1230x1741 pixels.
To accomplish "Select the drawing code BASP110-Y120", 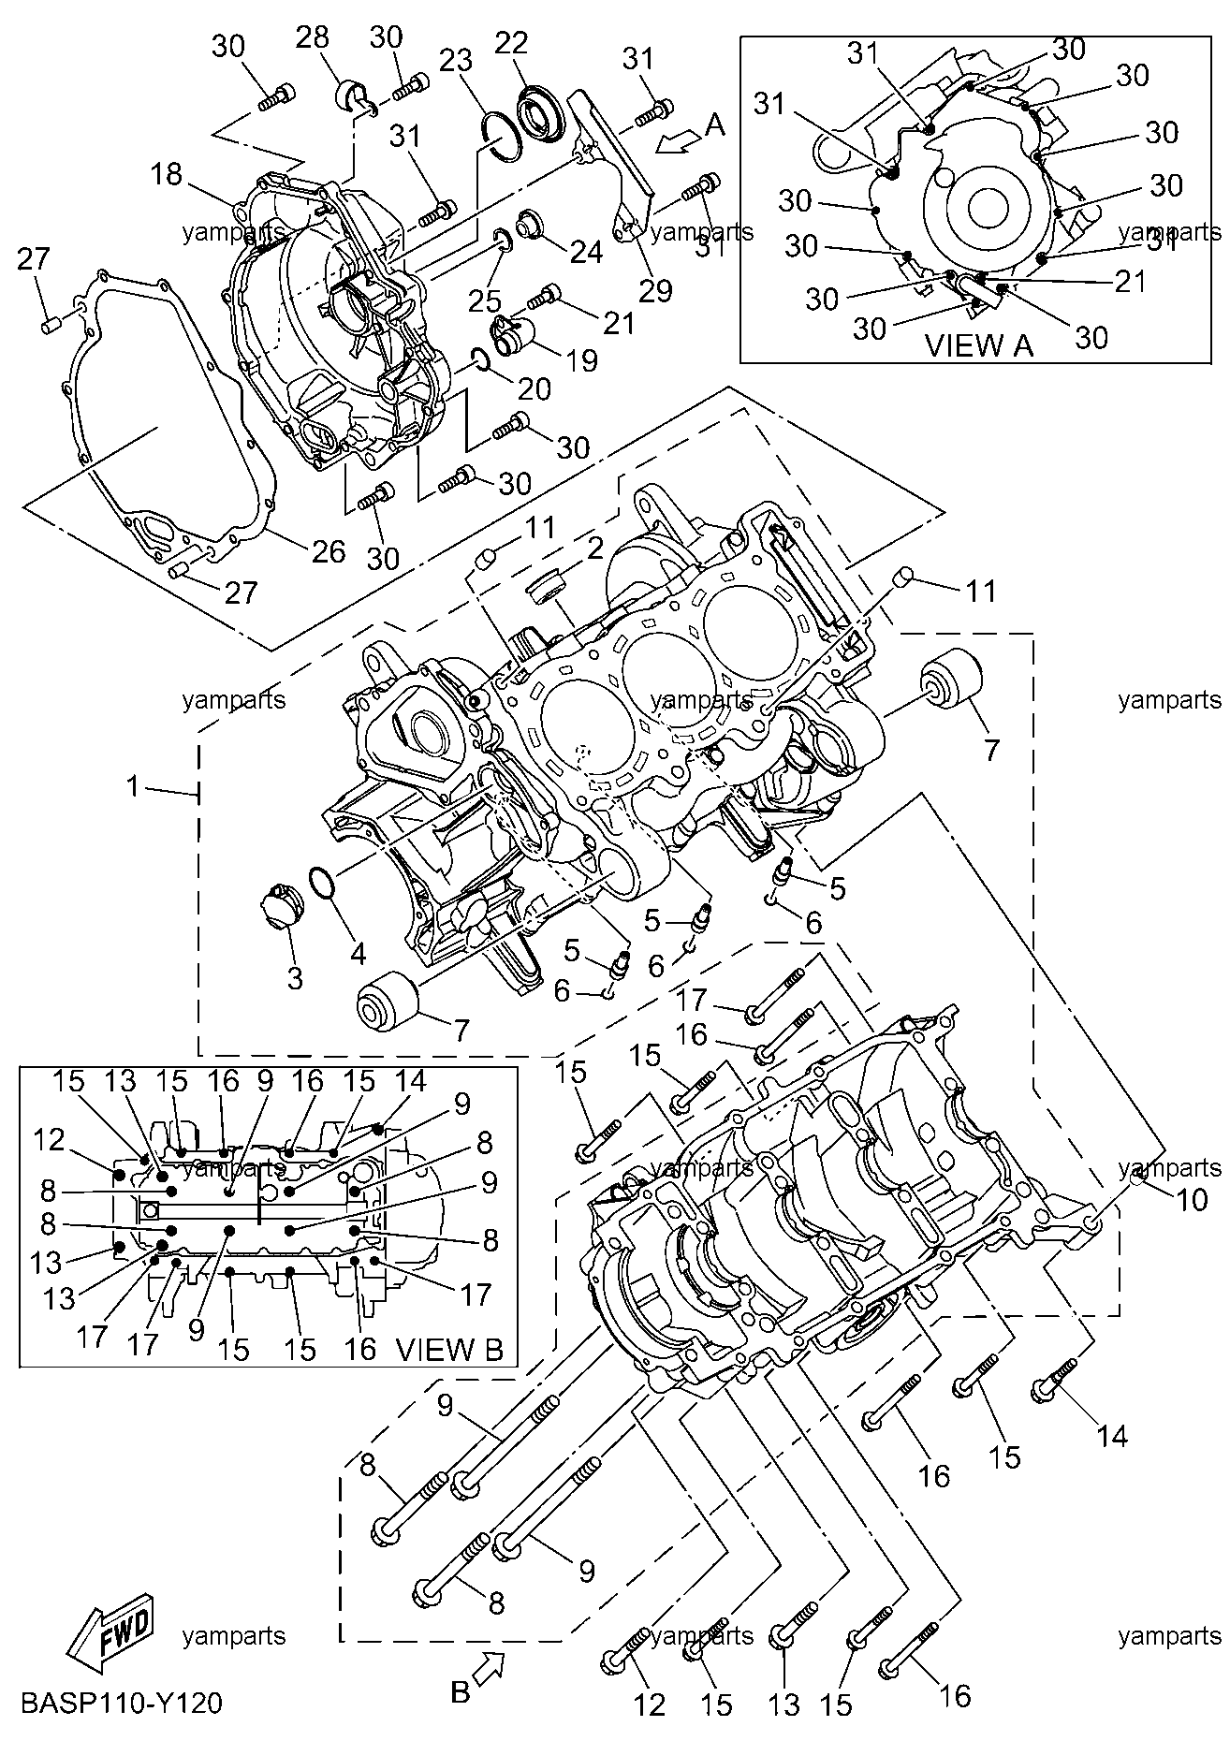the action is point(121,1703).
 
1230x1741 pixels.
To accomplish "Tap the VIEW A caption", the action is point(978,345).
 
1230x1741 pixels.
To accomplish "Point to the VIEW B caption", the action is point(449,1349).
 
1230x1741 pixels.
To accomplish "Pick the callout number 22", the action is point(512,43).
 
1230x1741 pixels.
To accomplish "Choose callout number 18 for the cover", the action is point(168,175).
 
